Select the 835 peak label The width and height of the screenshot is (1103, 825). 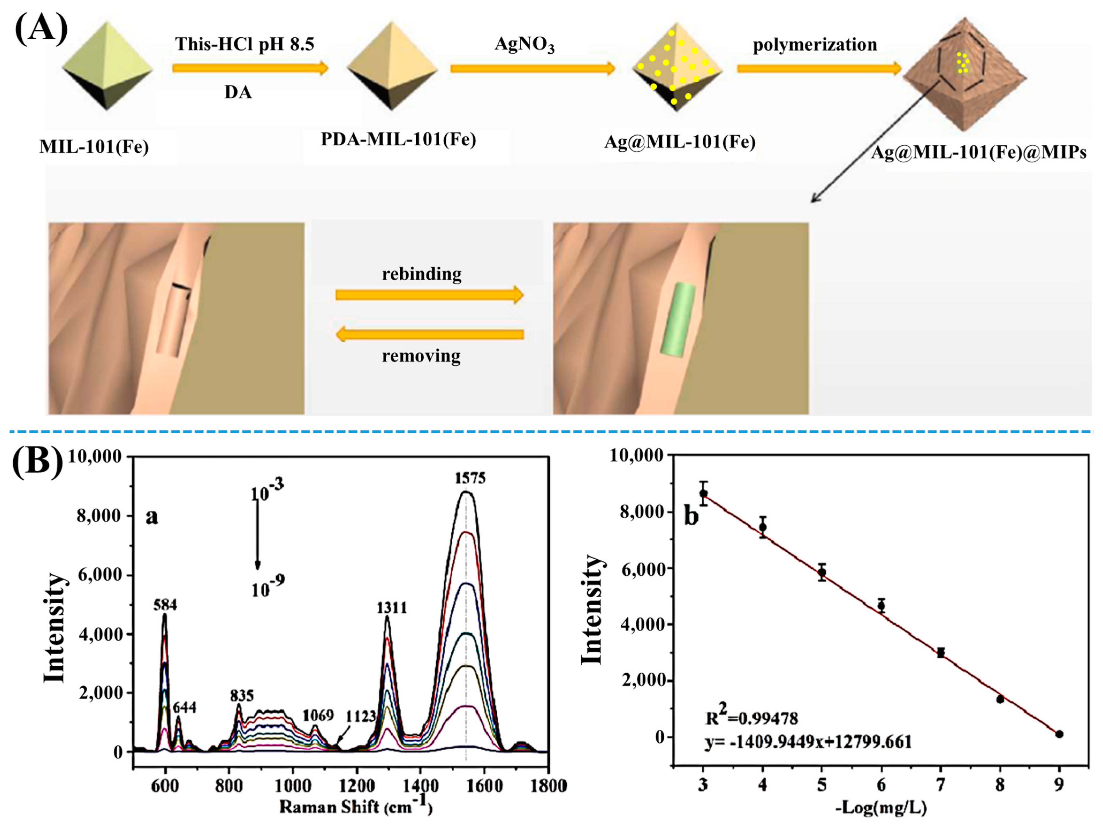click(242, 695)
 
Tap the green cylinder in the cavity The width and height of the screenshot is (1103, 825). click(678, 319)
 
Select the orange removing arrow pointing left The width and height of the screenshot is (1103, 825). click(429, 334)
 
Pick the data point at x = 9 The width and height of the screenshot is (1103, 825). click(1059, 734)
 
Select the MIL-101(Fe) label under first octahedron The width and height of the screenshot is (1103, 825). click(94, 148)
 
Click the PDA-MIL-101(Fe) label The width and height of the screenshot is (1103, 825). click(398, 139)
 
